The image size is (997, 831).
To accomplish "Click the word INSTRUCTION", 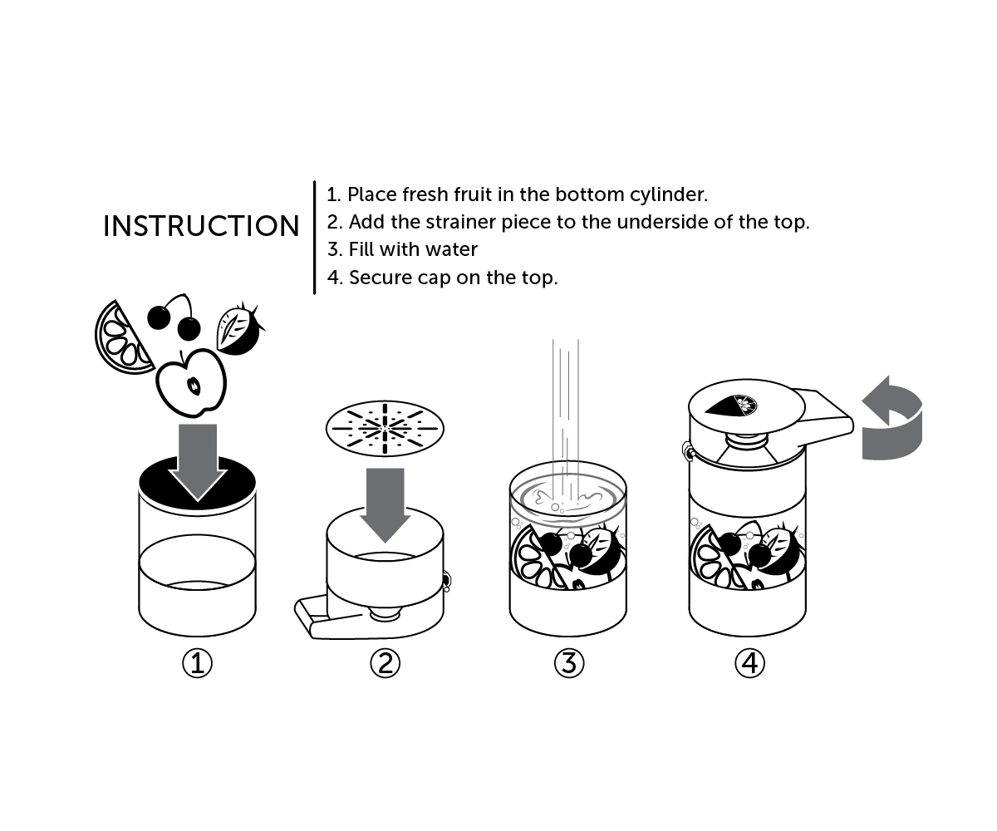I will click(201, 226).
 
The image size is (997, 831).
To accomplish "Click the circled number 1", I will click(197, 663).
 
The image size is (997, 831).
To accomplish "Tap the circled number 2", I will click(384, 663).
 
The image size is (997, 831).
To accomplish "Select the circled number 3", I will click(569, 663).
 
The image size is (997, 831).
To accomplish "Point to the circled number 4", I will click(749, 663).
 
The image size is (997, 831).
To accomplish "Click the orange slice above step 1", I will click(121, 338).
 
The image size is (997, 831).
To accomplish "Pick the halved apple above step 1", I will click(192, 382).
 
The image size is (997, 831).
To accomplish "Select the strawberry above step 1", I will click(238, 329).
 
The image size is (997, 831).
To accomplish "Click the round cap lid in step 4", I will click(746, 407).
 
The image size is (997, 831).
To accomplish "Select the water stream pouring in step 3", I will click(566, 415).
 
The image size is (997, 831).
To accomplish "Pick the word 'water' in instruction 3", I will click(450, 249).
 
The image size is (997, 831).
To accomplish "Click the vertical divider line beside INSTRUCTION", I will click(315, 237).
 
